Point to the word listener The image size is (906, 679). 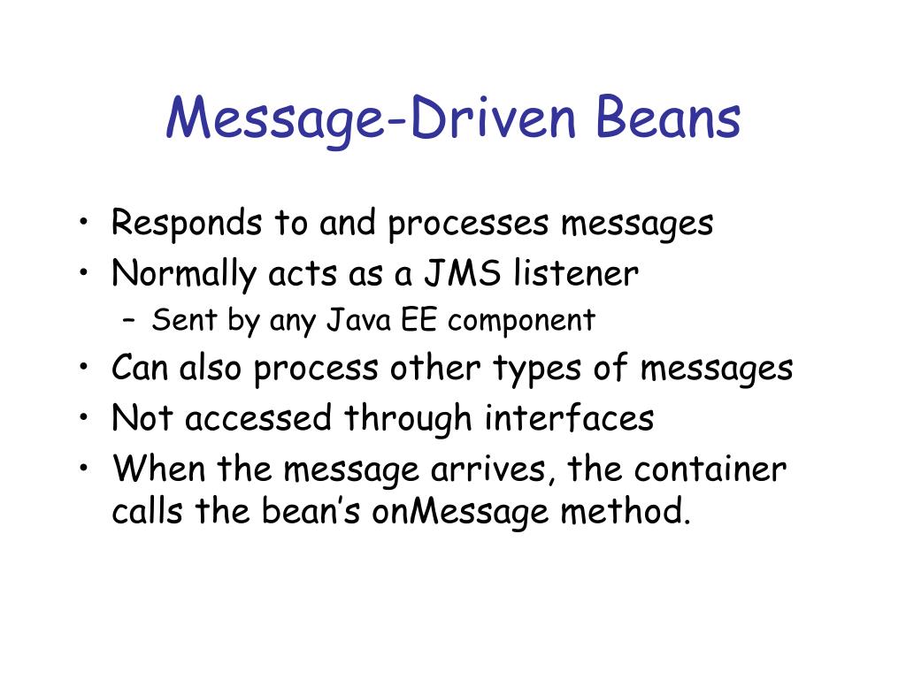point(575,274)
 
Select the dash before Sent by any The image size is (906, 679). point(129,321)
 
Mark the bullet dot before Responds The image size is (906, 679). point(83,221)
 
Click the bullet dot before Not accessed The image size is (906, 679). point(83,416)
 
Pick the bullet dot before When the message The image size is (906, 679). point(83,467)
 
